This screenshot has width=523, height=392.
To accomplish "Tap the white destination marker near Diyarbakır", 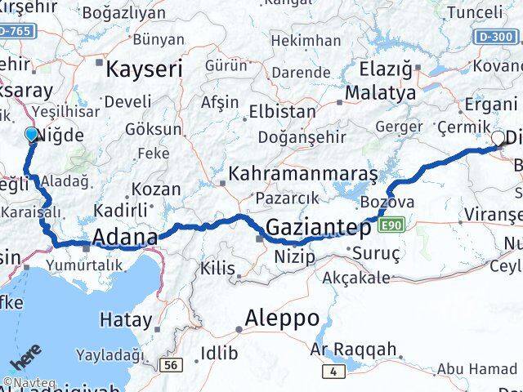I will (x=498, y=139).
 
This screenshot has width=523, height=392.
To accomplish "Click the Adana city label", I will (x=125, y=238).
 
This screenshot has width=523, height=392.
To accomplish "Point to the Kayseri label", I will (x=141, y=69).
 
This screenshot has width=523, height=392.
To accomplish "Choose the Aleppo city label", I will (x=283, y=318).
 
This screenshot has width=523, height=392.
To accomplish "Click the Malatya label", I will (x=380, y=93).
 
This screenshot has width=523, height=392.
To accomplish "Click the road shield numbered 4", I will (x=333, y=372).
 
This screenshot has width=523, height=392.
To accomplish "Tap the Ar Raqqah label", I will (x=354, y=350).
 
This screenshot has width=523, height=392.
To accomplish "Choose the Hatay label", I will (x=125, y=318).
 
